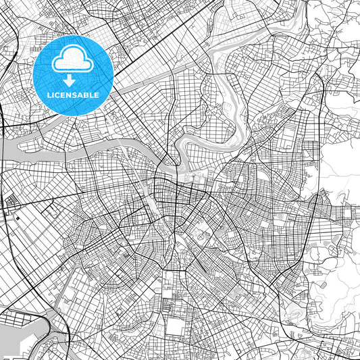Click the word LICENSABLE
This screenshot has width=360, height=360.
73,95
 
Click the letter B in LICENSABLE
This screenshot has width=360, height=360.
88,95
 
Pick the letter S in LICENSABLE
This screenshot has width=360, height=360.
76,95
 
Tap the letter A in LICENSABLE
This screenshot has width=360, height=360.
82,95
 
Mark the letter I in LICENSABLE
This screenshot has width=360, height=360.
53,95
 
